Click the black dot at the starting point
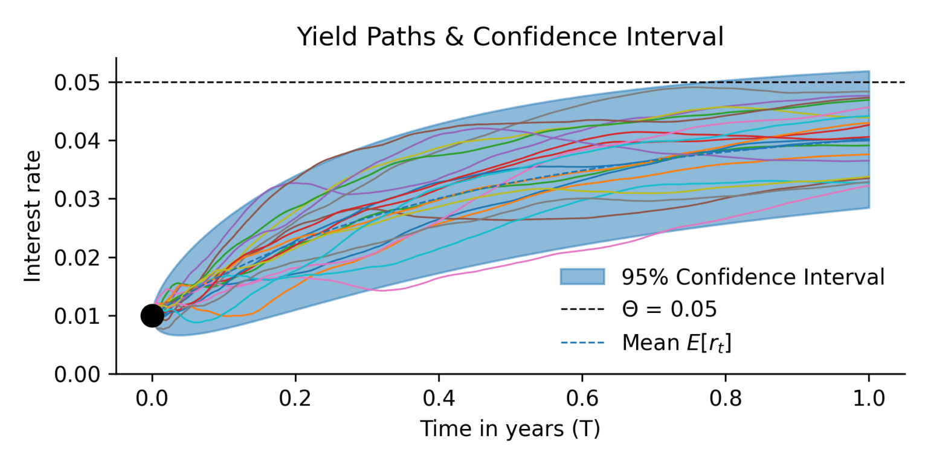click(x=152, y=315)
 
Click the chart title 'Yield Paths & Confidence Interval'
click(x=510, y=37)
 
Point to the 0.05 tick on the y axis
click(x=79, y=82)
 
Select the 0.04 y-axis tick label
click(x=79, y=141)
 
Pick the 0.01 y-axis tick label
click(x=79, y=316)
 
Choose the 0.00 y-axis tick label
click(x=79, y=375)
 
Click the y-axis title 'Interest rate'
click(x=33, y=216)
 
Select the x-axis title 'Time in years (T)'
click(x=510, y=429)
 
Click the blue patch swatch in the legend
click(x=582, y=277)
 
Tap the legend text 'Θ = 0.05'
click(x=669, y=310)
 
